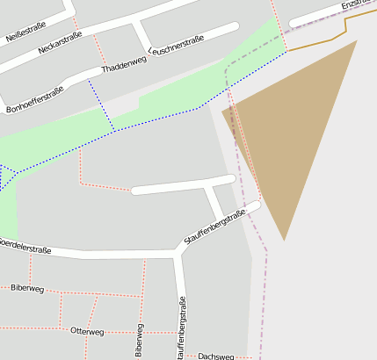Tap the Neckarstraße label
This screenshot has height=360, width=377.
tap(61, 43)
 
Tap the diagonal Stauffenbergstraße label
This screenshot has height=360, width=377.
tap(214, 227)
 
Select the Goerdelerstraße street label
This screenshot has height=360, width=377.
tap(24, 246)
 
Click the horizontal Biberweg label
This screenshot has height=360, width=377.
tap(27, 288)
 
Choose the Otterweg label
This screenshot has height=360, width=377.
tap(87, 332)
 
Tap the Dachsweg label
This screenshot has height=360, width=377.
tap(216, 356)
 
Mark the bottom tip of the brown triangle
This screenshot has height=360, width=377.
tap(284, 238)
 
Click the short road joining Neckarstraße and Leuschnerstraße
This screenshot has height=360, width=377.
tap(140, 36)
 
